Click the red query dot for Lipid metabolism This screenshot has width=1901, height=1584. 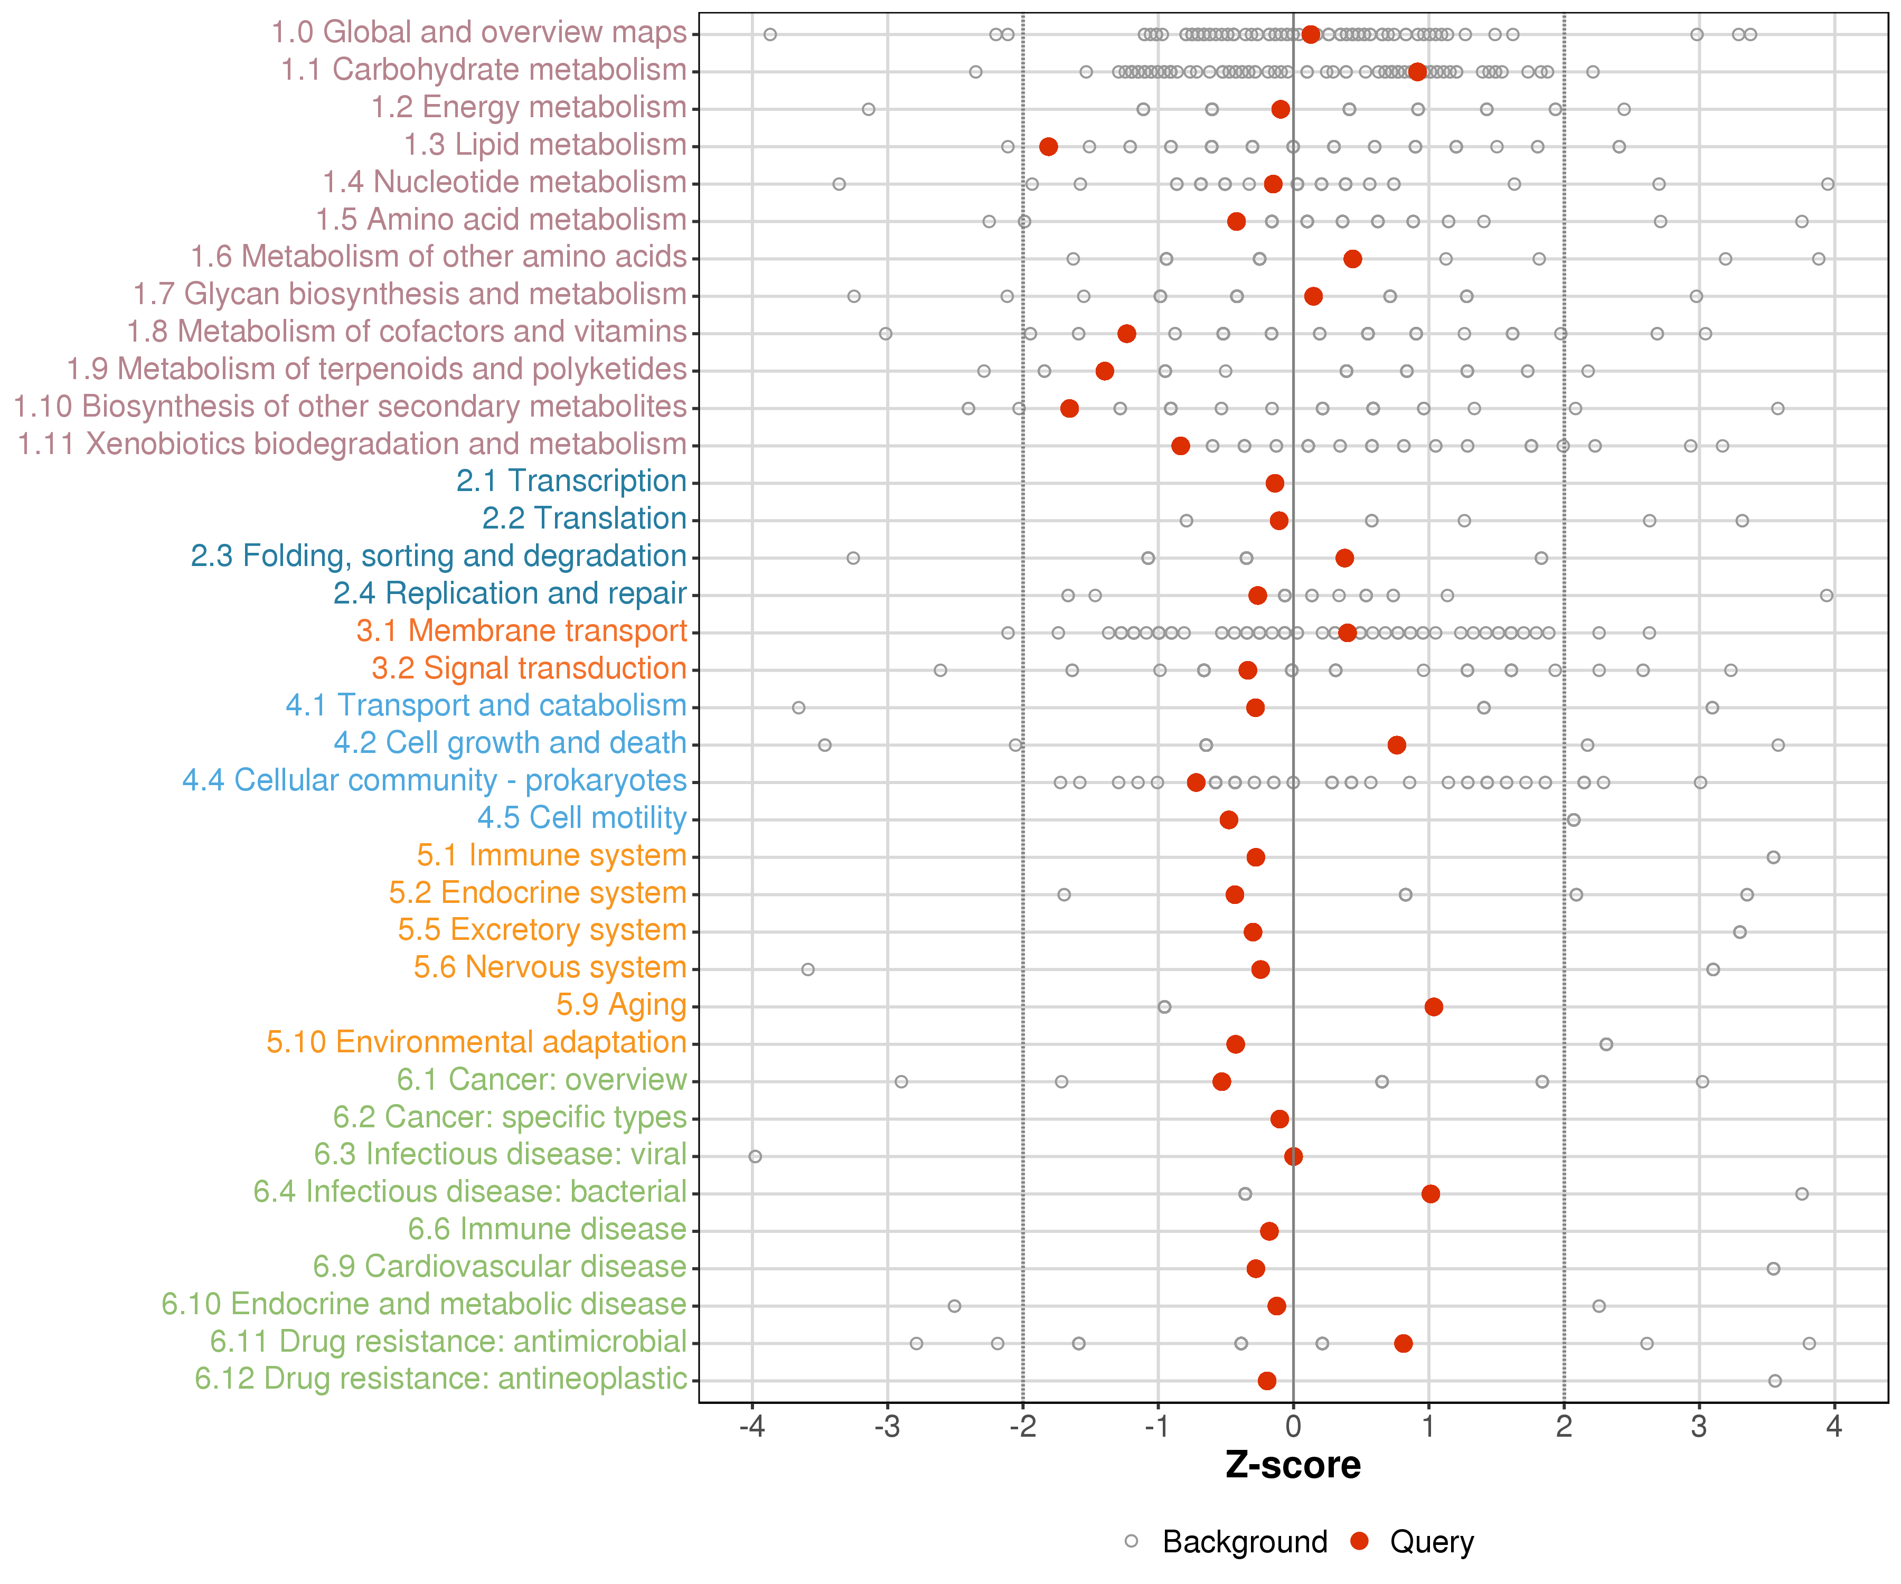click(x=1048, y=147)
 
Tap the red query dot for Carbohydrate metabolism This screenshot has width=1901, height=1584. click(x=1418, y=71)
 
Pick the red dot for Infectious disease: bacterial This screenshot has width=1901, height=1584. click(x=1431, y=1194)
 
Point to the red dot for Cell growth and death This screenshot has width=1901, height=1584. click(x=1397, y=745)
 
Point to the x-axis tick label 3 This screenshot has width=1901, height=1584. click(x=1699, y=1427)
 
